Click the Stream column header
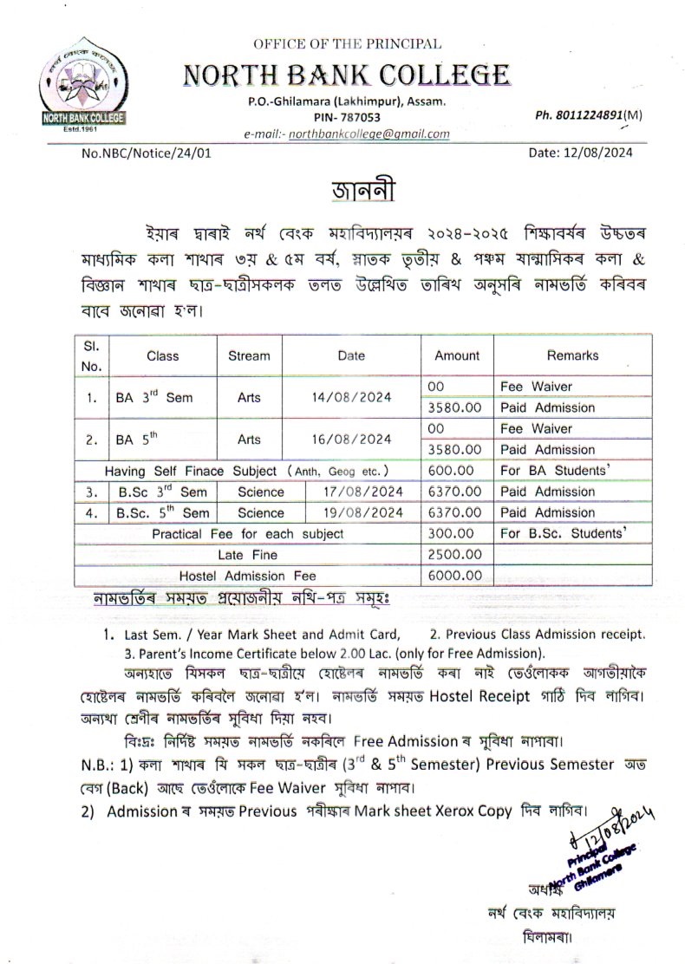click(x=249, y=355)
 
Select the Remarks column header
click(x=572, y=355)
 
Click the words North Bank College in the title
click(x=346, y=75)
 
